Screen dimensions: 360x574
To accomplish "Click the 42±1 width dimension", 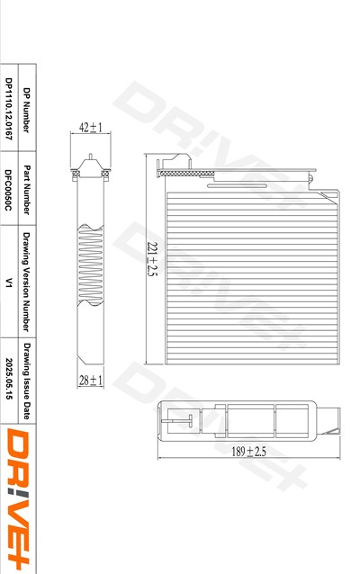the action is pyautogui.click(x=91, y=128).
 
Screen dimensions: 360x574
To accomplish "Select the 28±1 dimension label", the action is pyautogui.click(x=91, y=381).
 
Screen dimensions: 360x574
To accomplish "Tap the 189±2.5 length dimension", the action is pyautogui.click(x=248, y=452).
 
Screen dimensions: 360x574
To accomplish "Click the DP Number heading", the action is pyautogui.click(x=26, y=110).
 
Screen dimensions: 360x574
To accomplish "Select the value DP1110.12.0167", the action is pyautogui.click(x=9, y=109).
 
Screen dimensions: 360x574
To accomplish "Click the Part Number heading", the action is pyautogui.click(x=26, y=190).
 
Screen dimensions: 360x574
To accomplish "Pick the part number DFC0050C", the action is pyautogui.click(x=9, y=190).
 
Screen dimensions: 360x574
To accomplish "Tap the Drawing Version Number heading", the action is pyautogui.click(x=26, y=282).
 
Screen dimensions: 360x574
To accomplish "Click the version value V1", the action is pyautogui.click(x=9, y=283).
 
